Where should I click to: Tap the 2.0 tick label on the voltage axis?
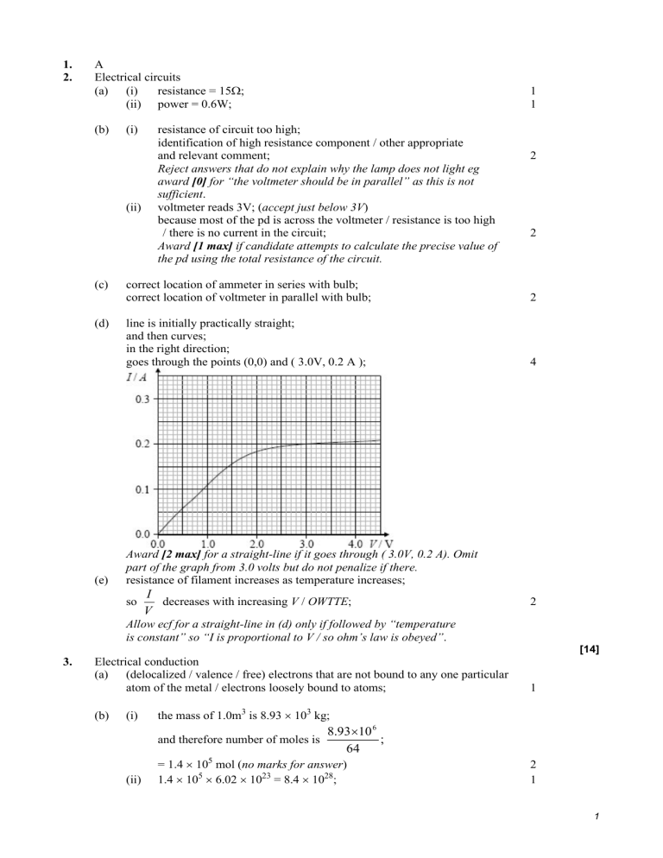257,545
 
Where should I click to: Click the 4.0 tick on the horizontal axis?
355,545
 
